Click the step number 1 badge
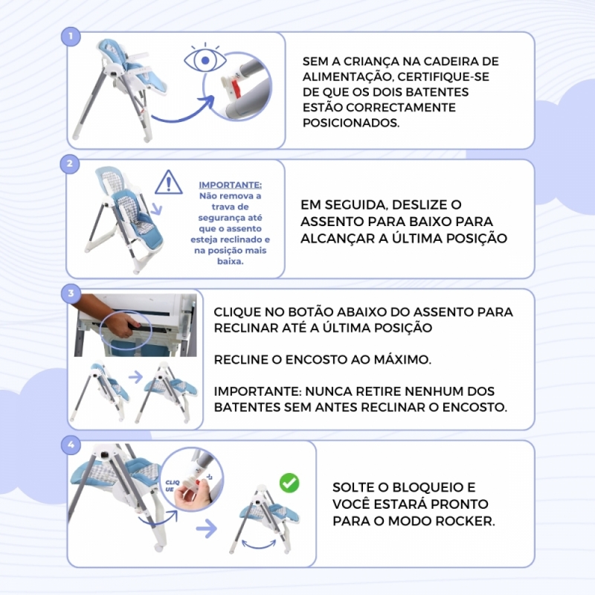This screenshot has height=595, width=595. [x=71, y=36]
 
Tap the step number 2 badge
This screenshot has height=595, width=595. [x=70, y=164]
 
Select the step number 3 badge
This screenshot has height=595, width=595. [x=71, y=293]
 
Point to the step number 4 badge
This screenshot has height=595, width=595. [x=71, y=445]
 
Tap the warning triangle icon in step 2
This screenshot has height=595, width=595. [x=169, y=182]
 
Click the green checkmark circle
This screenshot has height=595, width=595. [x=289, y=483]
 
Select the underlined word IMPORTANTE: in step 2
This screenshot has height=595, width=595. [x=231, y=185]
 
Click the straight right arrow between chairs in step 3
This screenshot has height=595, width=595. [x=135, y=377]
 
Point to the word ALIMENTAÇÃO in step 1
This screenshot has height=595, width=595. [x=345, y=77]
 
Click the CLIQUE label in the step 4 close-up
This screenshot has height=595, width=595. [x=172, y=486]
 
